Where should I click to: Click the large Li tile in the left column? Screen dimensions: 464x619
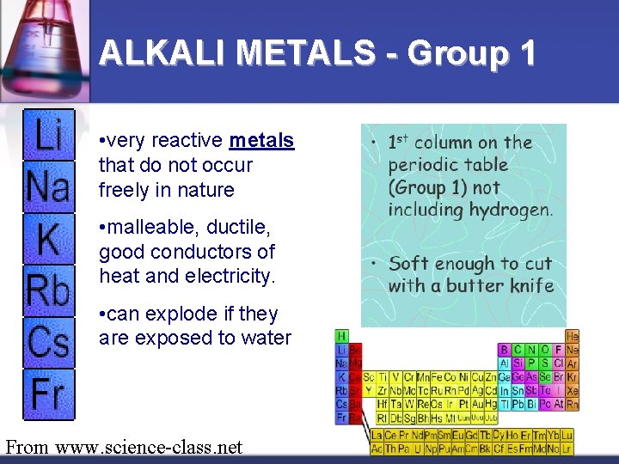[x=49, y=136]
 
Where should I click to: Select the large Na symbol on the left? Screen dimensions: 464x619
[x=49, y=186]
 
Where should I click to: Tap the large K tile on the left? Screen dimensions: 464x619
[x=49, y=239]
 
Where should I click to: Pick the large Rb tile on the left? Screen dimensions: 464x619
[x=49, y=291]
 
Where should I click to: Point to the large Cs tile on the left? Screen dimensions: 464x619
[x=49, y=342]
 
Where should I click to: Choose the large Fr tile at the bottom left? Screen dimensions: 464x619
[x=49, y=394]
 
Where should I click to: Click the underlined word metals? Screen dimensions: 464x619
[x=262, y=140]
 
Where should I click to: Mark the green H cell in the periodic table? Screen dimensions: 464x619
[x=341, y=336]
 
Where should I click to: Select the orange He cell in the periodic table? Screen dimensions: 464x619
[x=573, y=337]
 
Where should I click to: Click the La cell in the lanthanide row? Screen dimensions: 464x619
[x=377, y=436]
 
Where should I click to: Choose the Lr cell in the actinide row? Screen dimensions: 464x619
[x=566, y=449]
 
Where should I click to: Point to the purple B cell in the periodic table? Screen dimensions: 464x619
[x=505, y=350]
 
